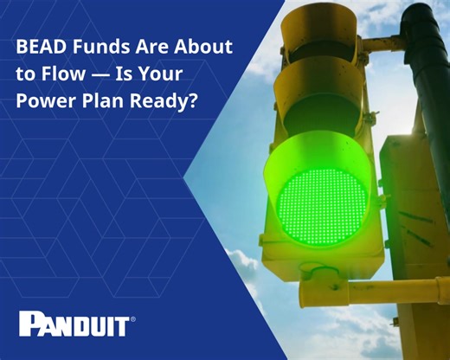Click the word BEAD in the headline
coord(39,47)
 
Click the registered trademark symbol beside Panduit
coord(132,318)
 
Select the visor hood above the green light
coord(329,147)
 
